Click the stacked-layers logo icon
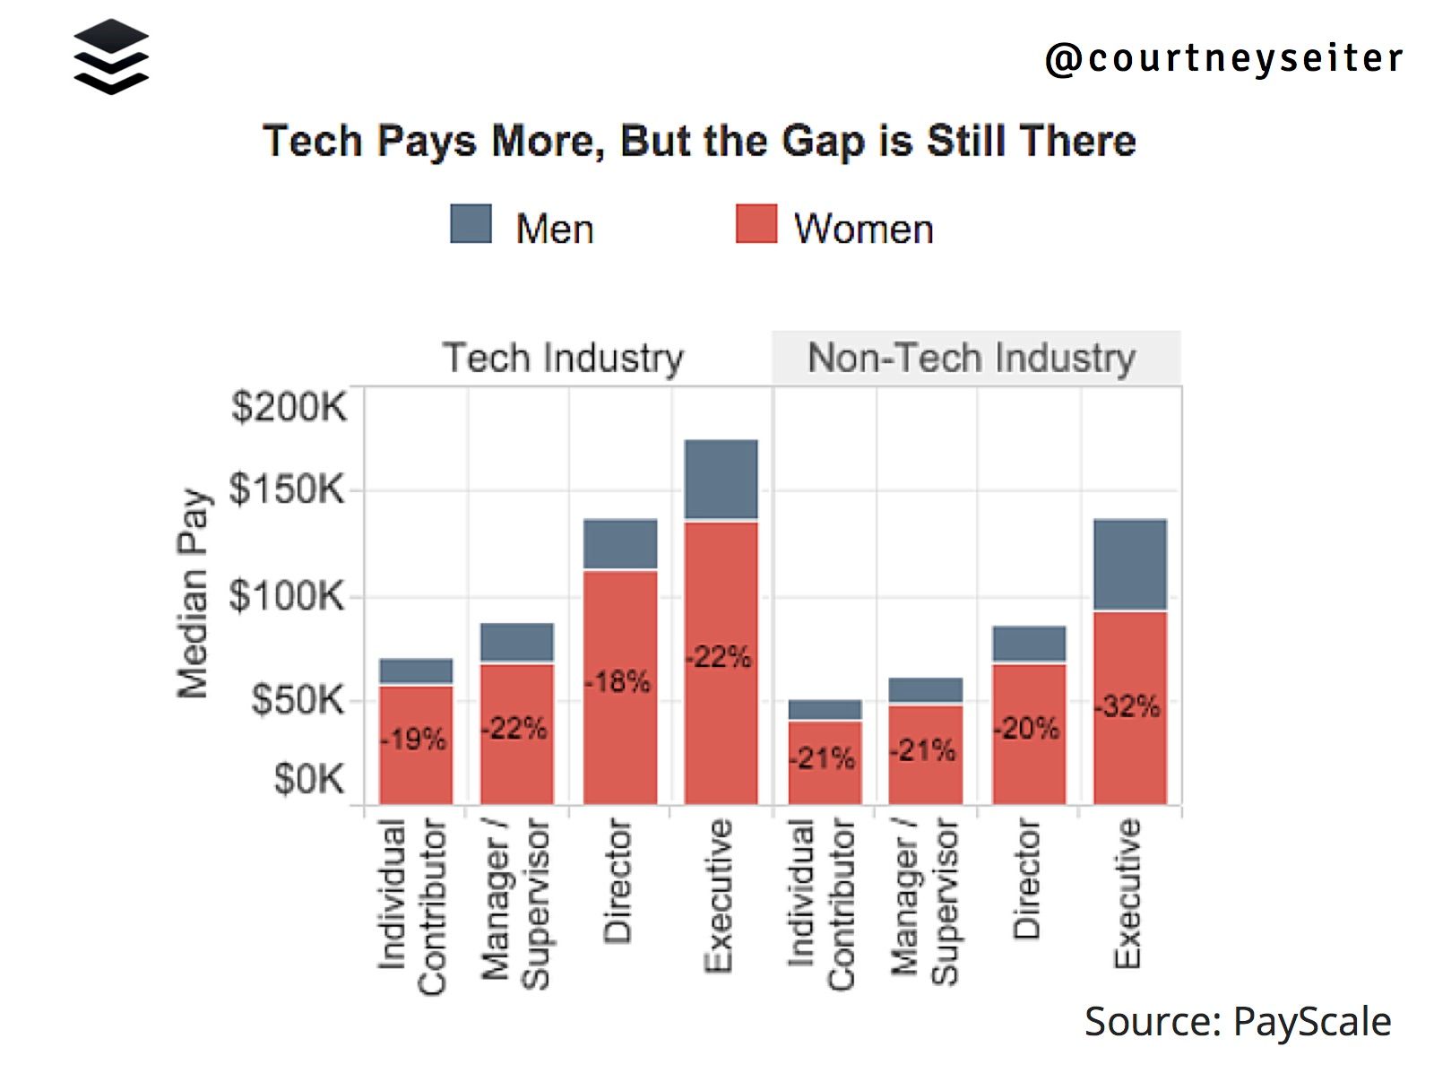pyautogui.click(x=110, y=56)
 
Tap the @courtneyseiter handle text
pyautogui.click(x=1223, y=59)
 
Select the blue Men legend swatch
pyautogui.click(x=471, y=224)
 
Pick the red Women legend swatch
pyautogui.click(x=756, y=224)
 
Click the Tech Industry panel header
pyautogui.click(x=563, y=358)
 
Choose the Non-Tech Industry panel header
pyautogui.click(x=972, y=358)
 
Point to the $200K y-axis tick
pyautogui.click(x=289, y=407)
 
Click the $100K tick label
pyautogui.click(x=287, y=595)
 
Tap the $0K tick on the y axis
pyautogui.click(x=308, y=779)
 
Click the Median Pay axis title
pyautogui.click(x=193, y=593)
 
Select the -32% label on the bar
pyautogui.click(x=1127, y=706)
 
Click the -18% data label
pyautogui.click(x=618, y=682)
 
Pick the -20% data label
pyautogui.click(x=1027, y=728)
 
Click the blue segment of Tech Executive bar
pyautogui.click(x=721, y=479)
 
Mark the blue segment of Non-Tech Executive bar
pyautogui.click(x=1129, y=564)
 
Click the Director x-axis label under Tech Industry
pyautogui.click(x=618, y=880)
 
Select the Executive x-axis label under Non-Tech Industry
pyautogui.click(x=1127, y=893)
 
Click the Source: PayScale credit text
pyautogui.click(x=1237, y=1022)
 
